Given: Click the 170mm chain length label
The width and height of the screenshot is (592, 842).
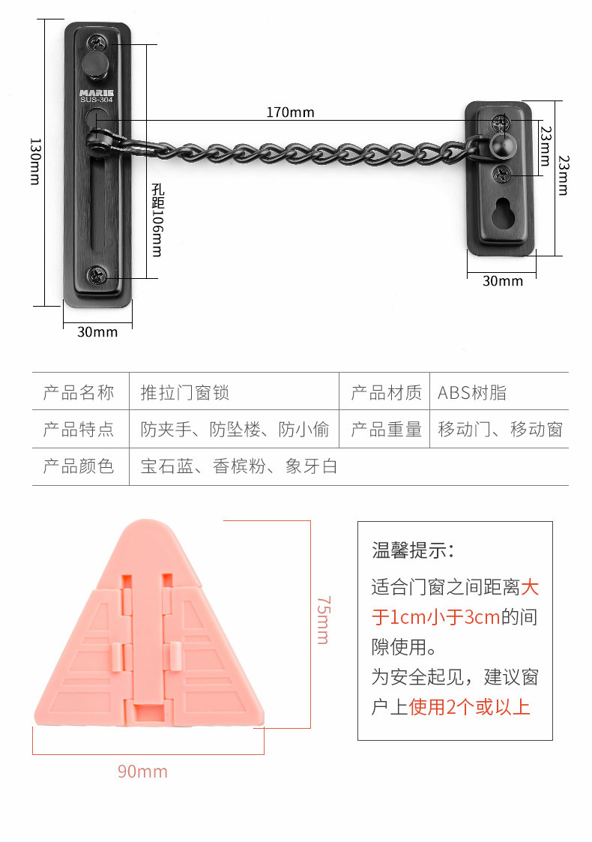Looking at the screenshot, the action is [290, 113].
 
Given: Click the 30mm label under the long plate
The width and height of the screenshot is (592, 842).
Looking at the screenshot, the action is [97, 331].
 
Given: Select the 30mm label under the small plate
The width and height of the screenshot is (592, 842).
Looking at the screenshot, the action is [502, 281].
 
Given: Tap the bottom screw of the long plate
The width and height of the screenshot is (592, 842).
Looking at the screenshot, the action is [98, 275].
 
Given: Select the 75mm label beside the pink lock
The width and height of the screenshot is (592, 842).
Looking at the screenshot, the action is [322, 620].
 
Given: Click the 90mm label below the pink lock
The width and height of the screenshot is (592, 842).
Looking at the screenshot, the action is [142, 772].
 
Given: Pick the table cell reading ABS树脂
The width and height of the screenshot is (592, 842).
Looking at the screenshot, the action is [472, 392].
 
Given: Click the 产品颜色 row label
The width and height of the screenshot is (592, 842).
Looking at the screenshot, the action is [79, 466].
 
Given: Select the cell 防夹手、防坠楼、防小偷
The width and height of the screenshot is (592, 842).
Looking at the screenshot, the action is [235, 430].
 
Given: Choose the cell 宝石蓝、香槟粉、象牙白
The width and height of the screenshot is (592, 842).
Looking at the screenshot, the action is [239, 466].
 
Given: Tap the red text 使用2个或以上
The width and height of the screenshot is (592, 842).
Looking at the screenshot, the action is [470, 706].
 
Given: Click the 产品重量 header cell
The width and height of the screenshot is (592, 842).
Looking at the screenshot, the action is [386, 430].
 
